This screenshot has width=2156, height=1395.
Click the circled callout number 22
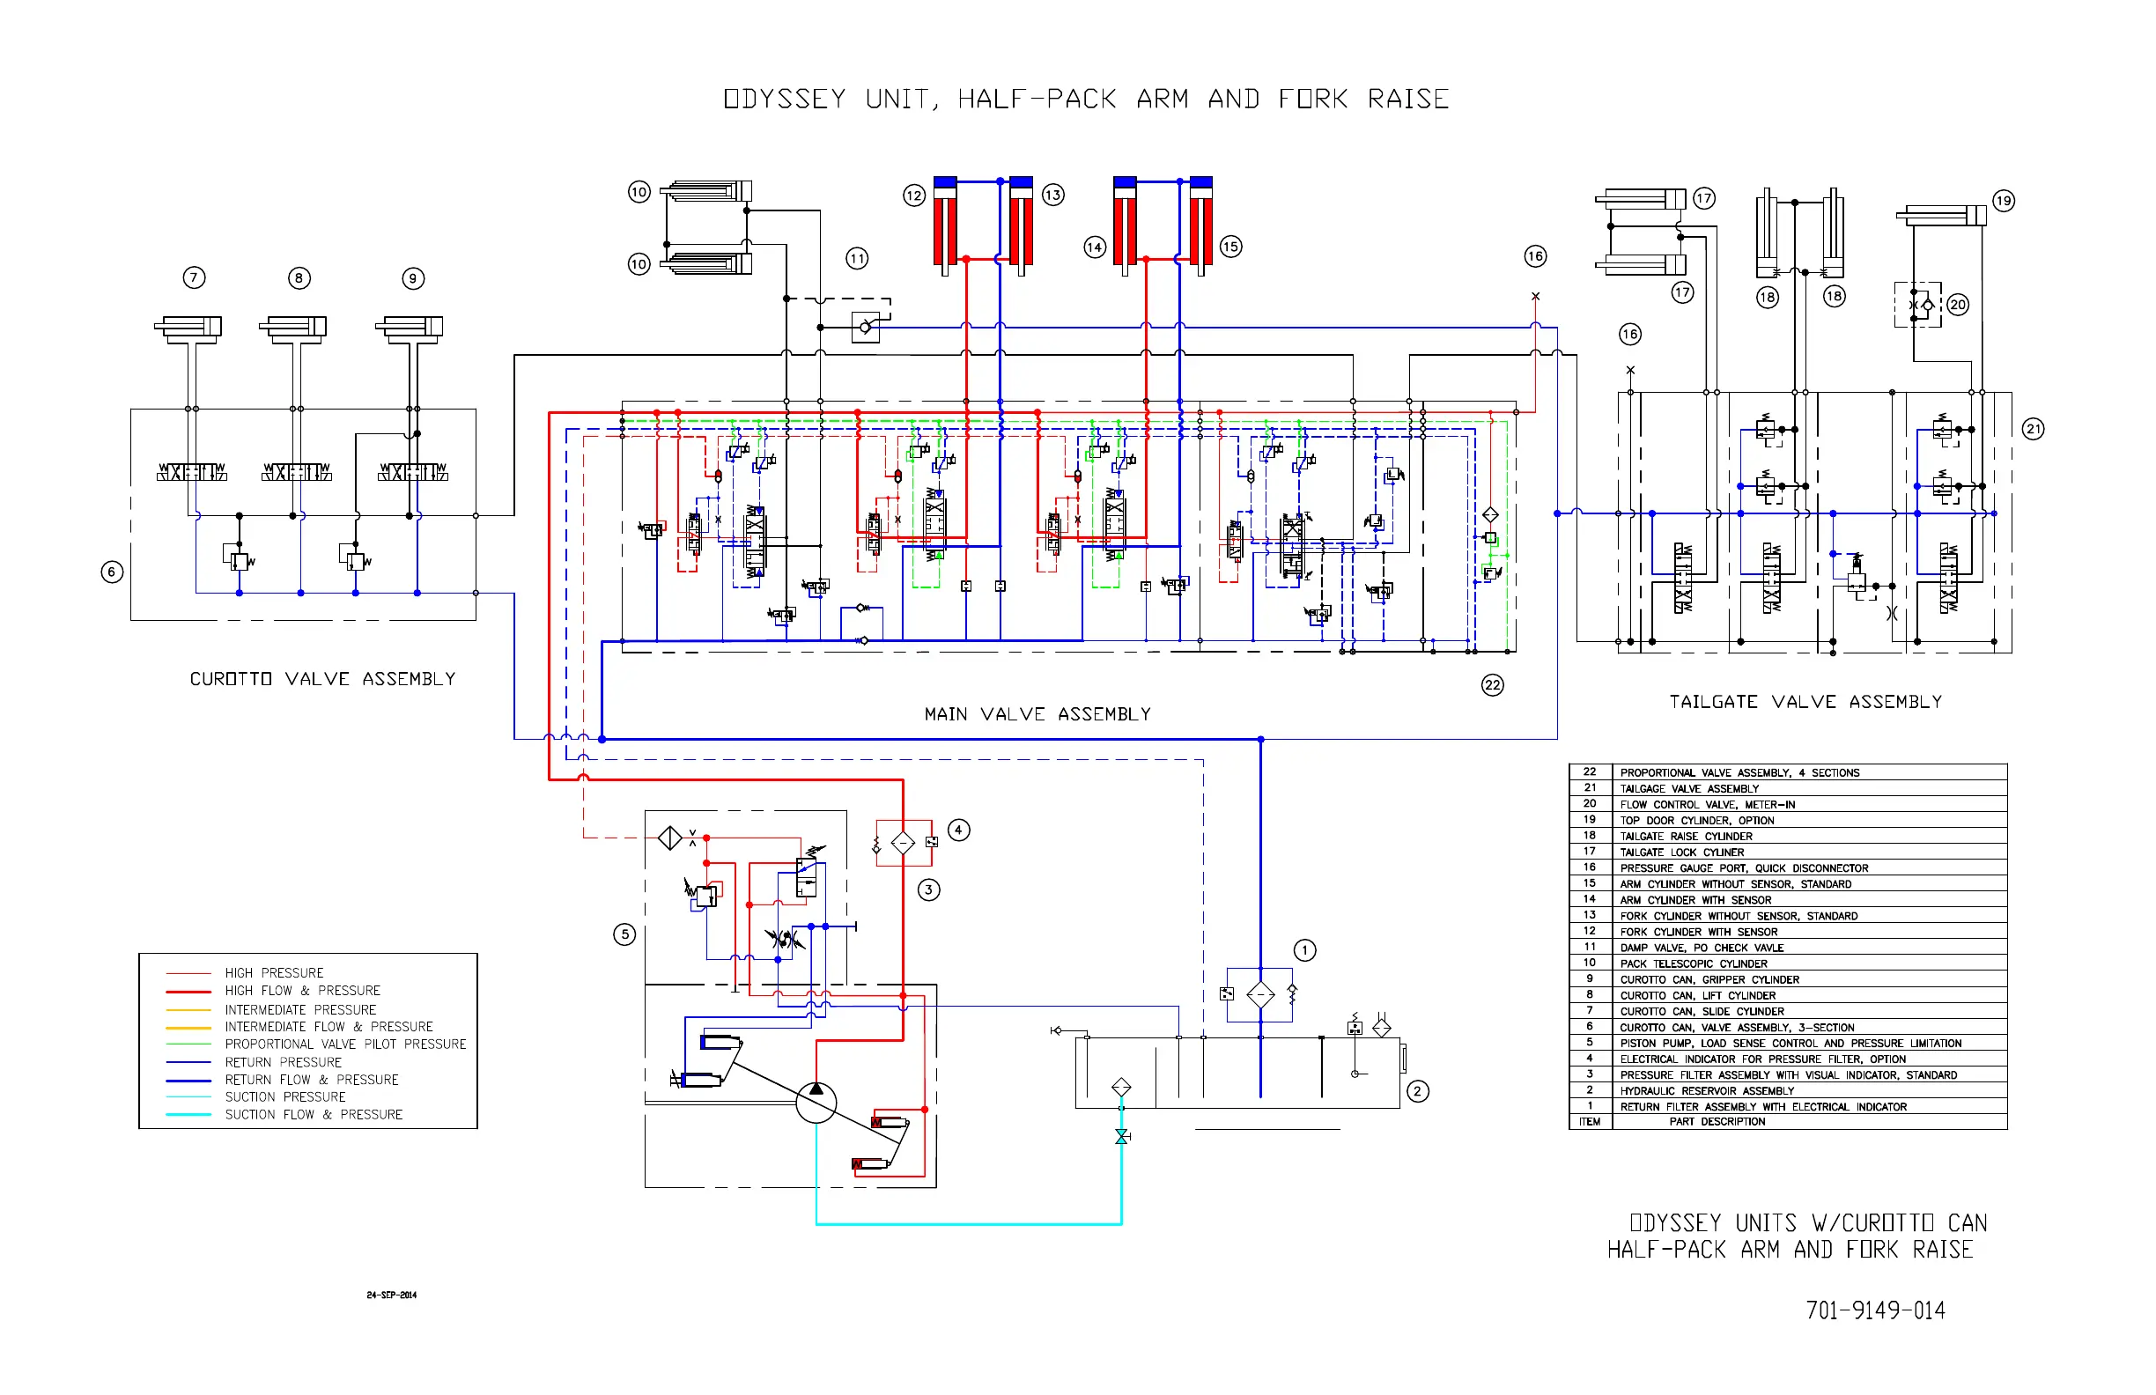(x=1492, y=685)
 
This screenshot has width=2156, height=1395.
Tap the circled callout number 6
(x=112, y=572)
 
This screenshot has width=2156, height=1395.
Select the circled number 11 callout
(x=857, y=258)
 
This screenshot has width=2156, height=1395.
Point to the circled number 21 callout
(x=2033, y=429)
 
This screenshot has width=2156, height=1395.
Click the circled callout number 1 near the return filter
(x=1304, y=950)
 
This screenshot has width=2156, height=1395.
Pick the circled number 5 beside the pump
(x=624, y=934)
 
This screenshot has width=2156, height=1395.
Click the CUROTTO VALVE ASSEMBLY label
(x=322, y=678)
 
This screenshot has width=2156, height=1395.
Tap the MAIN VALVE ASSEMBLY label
(x=1037, y=714)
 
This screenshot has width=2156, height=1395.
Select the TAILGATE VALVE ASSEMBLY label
(x=1805, y=701)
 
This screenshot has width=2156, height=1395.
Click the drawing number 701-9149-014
(x=1875, y=1310)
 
